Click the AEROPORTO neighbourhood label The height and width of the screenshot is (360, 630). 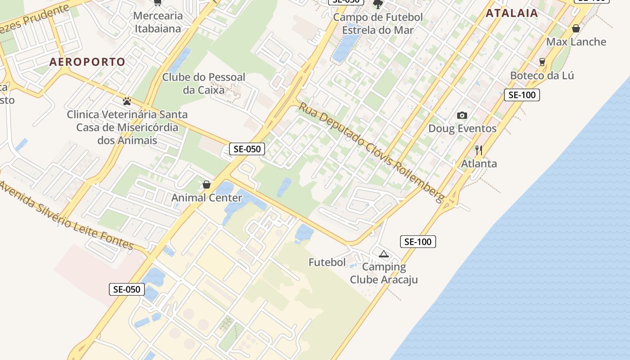[87, 62]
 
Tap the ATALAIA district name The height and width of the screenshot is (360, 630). [512, 13]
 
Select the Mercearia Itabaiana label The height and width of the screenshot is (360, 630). [157, 22]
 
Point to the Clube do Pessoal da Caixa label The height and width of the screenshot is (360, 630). [203, 83]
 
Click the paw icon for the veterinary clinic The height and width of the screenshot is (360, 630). [127, 101]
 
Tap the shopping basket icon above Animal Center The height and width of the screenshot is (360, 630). [207, 184]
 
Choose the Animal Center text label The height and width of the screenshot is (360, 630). [207, 198]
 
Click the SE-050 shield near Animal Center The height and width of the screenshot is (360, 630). [247, 149]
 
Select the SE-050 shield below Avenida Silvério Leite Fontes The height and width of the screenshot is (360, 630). [127, 289]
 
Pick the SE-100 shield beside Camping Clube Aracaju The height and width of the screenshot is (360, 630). [418, 242]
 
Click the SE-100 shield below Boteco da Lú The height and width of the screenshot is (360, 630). [522, 95]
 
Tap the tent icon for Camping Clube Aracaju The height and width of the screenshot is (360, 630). [383, 254]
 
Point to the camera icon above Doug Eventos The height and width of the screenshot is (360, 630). [462, 116]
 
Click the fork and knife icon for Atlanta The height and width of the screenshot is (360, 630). [479, 150]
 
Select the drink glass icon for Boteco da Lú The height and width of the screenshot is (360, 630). [542, 62]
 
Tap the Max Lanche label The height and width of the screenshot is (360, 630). [576, 42]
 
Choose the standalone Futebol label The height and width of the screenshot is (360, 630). [327, 262]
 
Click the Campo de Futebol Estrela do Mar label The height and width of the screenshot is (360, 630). [378, 24]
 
